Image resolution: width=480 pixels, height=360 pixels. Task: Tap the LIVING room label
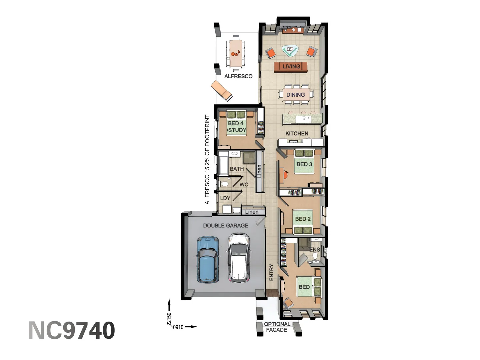tap(291, 66)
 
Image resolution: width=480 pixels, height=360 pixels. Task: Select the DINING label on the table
tap(295, 95)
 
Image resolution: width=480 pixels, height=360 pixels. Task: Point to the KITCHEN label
tap(297, 133)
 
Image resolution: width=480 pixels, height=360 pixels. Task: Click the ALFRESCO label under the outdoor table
tap(238, 76)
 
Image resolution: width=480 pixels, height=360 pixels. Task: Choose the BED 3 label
tap(304, 164)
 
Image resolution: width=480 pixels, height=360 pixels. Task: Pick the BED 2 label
tap(303, 219)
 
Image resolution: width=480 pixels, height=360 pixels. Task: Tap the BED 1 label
tap(306, 287)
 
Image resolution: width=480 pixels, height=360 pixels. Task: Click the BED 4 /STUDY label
tap(236, 127)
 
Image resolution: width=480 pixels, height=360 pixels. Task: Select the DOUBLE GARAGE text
tap(226, 226)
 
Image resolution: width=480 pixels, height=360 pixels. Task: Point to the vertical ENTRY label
tap(271, 272)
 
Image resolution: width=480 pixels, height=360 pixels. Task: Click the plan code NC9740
tap(72, 330)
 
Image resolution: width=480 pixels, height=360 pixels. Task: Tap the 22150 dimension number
tap(169, 319)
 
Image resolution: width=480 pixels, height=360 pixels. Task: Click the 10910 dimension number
tap(177, 327)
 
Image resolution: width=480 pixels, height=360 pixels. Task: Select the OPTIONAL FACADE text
tap(277, 327)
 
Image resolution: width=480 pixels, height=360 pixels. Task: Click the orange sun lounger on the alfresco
tap(221, 90)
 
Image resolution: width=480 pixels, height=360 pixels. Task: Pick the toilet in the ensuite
tap(315, 256)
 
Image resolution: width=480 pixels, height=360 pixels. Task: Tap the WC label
tap(244, 184)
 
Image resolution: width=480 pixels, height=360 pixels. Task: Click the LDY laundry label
tap(225, 198)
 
